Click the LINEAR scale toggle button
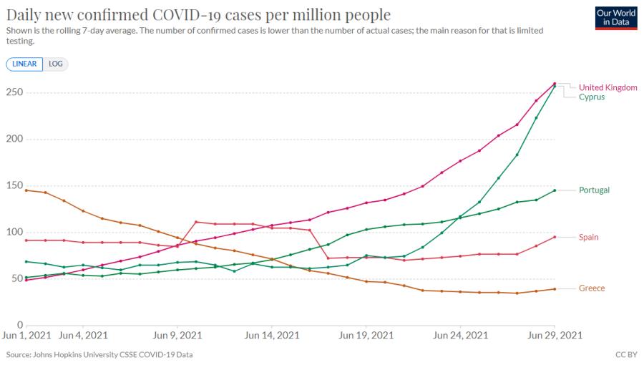(x=24, y=64)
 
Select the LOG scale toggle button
(x=55, y=64)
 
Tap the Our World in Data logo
(x=616, y=18)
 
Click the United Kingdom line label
(x=608, y=87)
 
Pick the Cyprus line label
(x=592, y=97)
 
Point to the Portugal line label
(x=594, y=190)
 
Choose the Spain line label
(x=589, y=238)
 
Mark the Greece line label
(x=592, y=288)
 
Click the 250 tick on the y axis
(x=14, y=92)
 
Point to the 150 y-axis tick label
(x=14, y=185)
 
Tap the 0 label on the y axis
(x=20, y=325)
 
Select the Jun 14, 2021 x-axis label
(x=272, y=336)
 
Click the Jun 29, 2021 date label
(x=555, y=336)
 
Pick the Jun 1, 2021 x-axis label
(x=26, y=336)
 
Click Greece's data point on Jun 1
(x=26, y=190)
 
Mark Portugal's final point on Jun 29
(x=555, y=190)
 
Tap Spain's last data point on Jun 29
(x=555, y=238)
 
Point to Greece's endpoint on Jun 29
(x=555, y=289)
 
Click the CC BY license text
(x=626, y=354)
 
